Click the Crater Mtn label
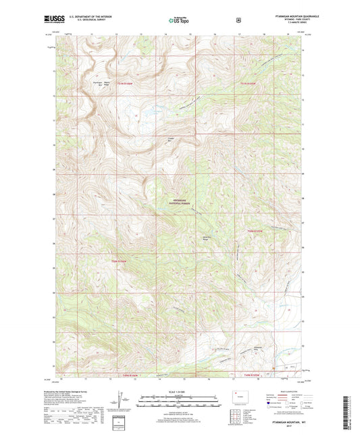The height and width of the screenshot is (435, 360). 171,139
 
